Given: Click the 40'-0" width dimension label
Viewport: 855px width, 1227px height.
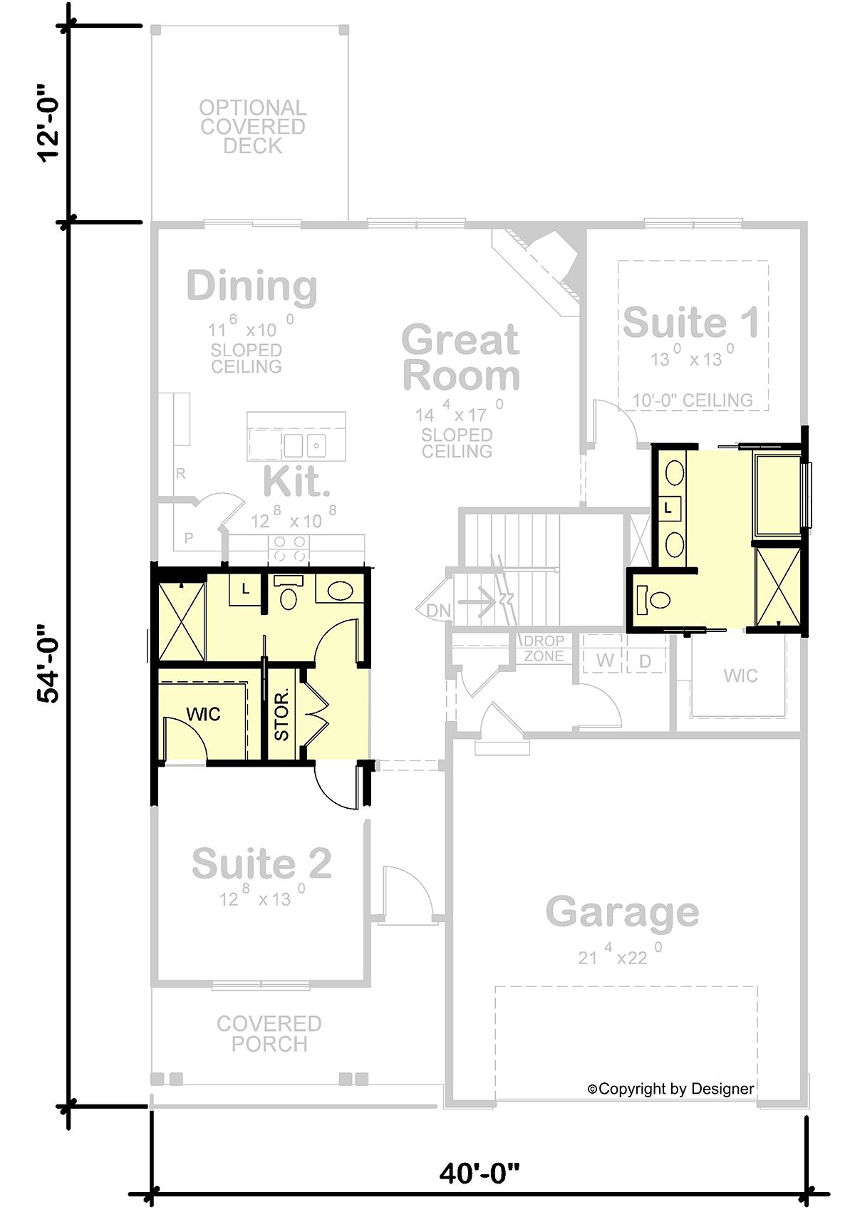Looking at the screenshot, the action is (479, 1172).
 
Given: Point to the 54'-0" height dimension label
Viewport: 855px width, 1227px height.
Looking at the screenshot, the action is (49, 664).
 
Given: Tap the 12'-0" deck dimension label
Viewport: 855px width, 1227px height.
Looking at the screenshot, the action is (49, 124).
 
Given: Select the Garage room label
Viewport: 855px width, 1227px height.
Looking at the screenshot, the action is (622, 913).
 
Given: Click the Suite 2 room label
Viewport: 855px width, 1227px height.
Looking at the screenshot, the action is (261, 864).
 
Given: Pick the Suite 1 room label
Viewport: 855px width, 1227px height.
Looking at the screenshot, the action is (691, 322).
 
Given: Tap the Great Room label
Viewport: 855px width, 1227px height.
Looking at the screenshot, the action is (461, 358).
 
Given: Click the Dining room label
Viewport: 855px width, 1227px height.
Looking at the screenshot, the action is (252, 287).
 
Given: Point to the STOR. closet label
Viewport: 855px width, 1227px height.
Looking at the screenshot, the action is (282, 714).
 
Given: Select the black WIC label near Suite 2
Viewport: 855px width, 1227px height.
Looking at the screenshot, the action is (203, 714).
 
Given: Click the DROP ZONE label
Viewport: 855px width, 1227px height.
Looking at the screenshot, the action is (544, 648).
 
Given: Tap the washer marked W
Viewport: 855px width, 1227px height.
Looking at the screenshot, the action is (605, 661).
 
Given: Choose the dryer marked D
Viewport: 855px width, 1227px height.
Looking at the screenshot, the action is (645, 661).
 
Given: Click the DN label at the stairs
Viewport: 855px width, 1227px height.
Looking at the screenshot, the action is (439, 611).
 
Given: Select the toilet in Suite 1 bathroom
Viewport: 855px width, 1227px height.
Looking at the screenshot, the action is (653, 599).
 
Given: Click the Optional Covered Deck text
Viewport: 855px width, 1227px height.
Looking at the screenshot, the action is (253, 127).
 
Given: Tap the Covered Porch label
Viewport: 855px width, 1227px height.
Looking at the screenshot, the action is (269, 1034).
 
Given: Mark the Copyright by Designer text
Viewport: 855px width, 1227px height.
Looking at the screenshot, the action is (670, 1089).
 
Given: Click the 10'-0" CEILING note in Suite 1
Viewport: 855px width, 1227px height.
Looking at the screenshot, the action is (693, 400).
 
